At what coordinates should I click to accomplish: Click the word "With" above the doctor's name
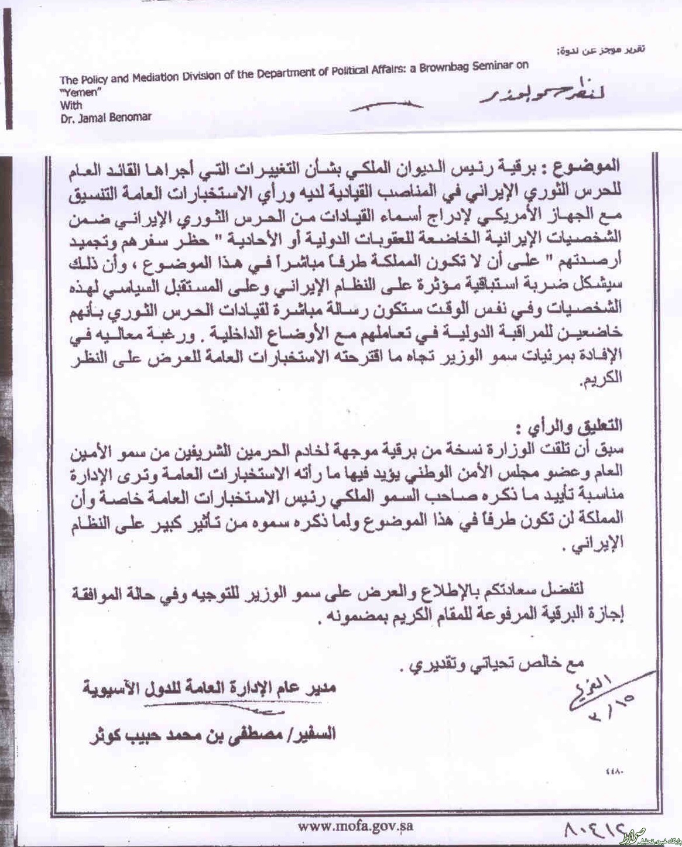click(71, 105)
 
